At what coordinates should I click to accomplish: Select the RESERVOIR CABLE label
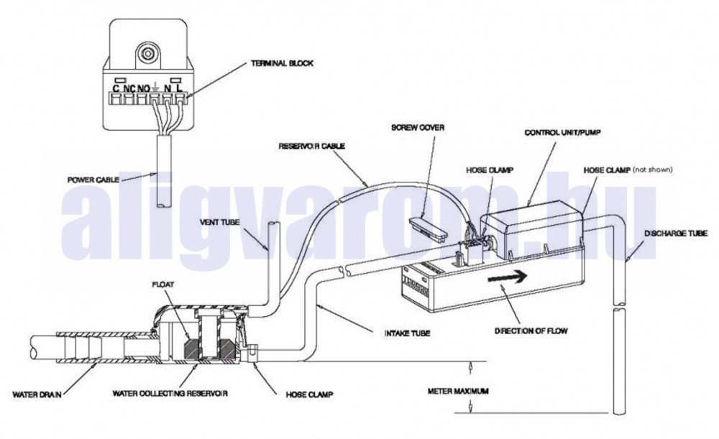click(312, 146)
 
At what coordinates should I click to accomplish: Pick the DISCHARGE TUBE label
click(676, 234)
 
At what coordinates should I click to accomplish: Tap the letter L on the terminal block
click(180, 88)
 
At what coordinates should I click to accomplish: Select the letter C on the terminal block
click(115, 88)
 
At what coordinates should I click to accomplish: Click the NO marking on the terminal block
click(144, 88)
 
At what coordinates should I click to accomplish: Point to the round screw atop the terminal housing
click(148, 52)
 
